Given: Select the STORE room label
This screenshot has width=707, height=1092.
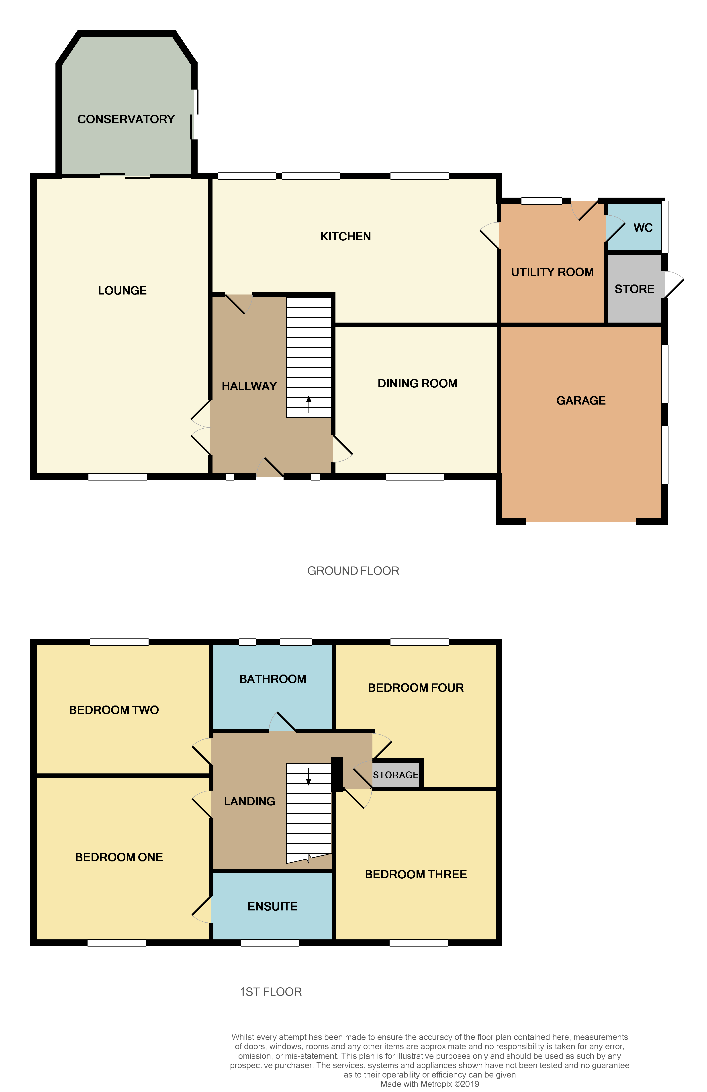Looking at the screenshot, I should (634, 289).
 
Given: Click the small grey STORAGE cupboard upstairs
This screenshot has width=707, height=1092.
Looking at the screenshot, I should (395, 775).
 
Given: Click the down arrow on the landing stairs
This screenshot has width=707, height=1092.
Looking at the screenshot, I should (308, 776).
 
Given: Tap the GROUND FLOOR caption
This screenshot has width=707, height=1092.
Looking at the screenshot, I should (353, 571).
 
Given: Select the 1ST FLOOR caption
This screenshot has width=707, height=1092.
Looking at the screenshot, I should (271, 992).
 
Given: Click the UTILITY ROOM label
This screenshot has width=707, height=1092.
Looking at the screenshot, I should (552, 272).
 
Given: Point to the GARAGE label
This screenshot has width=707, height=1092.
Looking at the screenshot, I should (581, 401).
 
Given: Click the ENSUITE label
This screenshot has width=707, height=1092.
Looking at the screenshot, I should (272, 906).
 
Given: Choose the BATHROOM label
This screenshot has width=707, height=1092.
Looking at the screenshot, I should (272, 679).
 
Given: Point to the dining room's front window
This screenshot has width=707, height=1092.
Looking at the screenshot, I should (415, 477).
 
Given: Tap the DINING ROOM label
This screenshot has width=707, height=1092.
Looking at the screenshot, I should (417, 384).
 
